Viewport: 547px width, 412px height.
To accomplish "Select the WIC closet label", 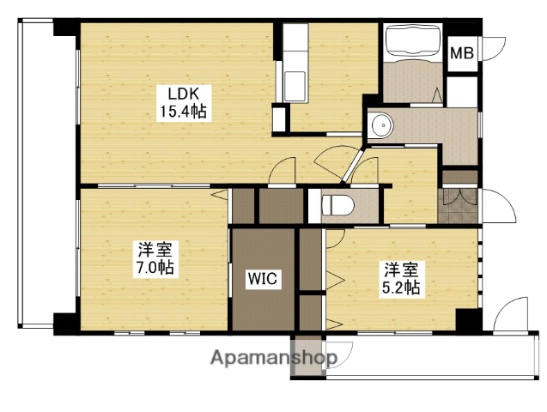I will tap(262, 277).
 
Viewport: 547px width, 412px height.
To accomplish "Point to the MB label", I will tap(462, 53).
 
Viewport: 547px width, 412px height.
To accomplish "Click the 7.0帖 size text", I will tap(156, 268).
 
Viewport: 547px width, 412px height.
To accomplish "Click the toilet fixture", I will tap(337, 205).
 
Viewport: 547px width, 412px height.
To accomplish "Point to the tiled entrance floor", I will tap(458, 207).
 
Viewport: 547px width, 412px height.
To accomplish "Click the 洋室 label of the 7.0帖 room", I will tap(156, 250).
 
